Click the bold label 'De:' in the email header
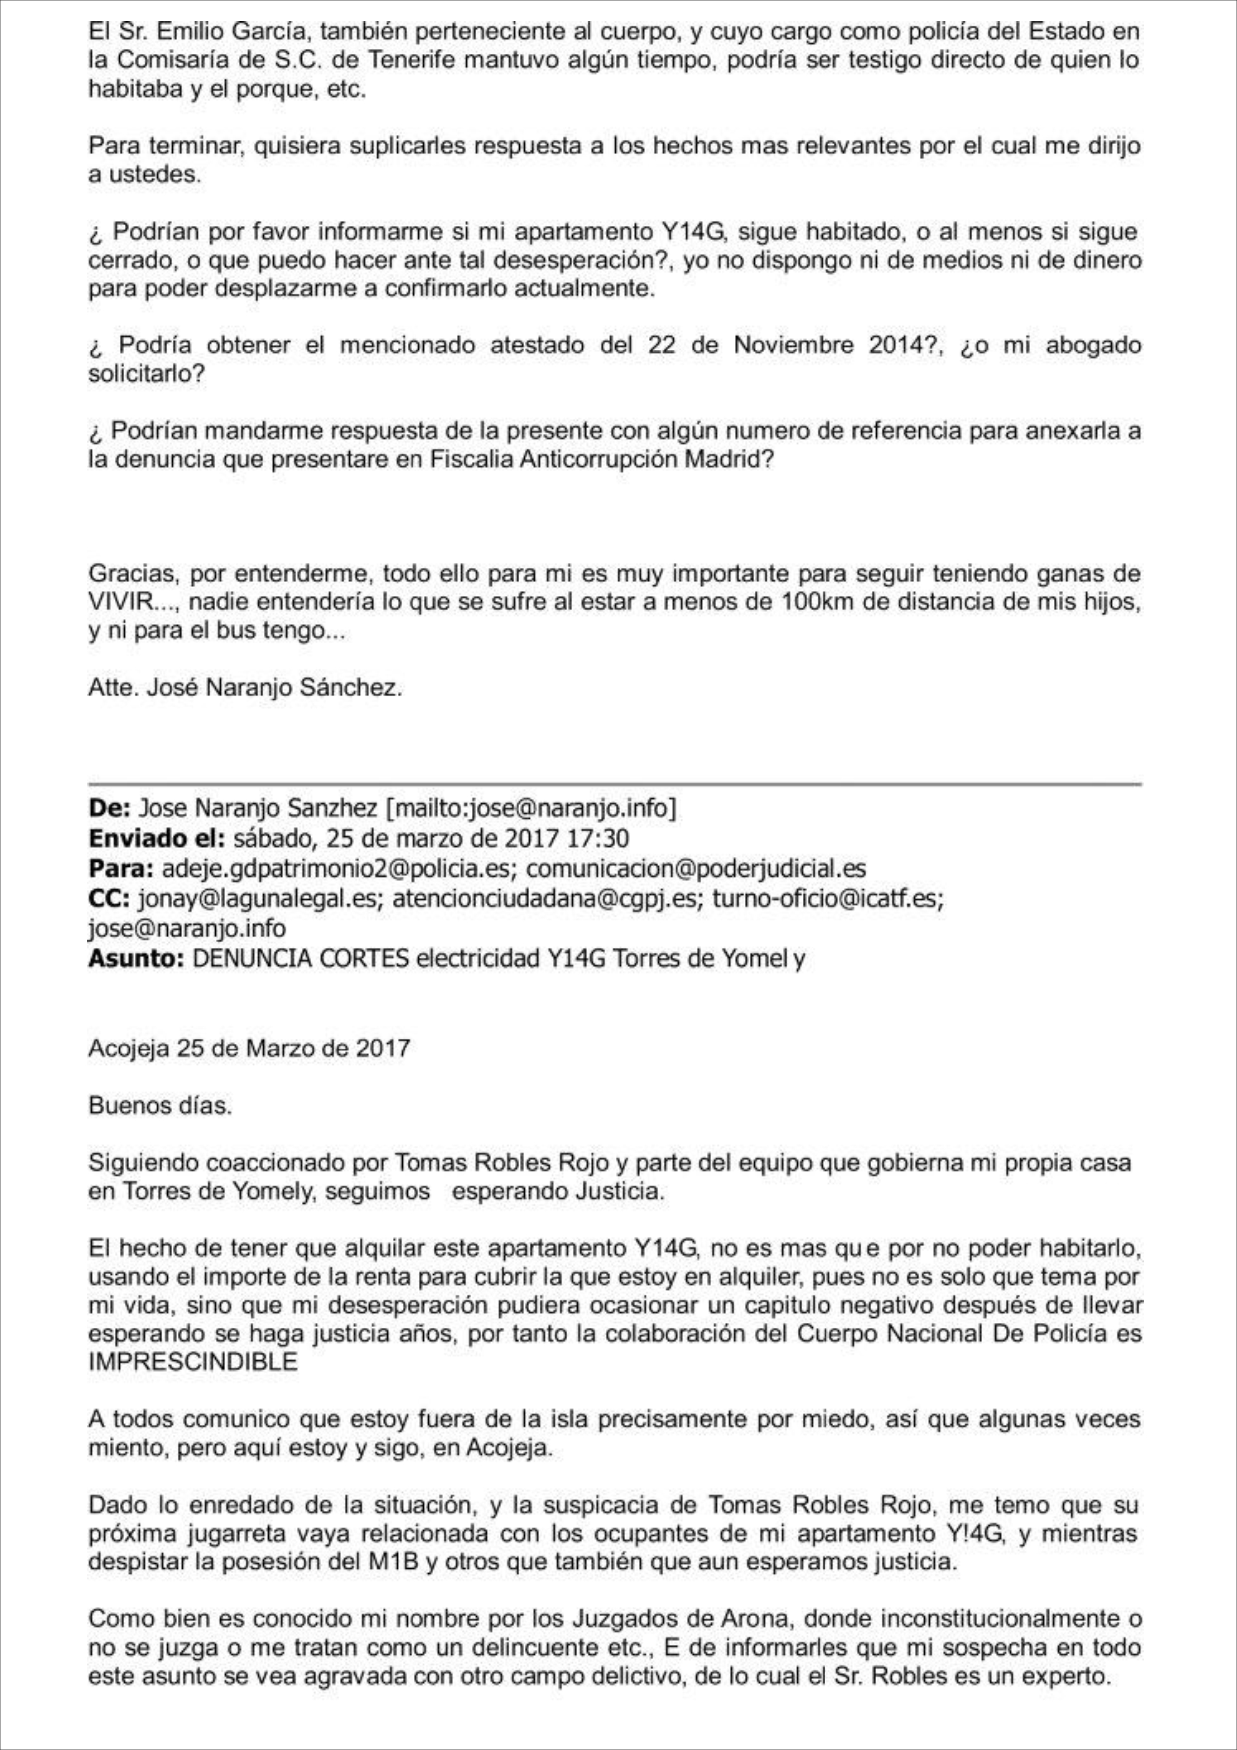pyautogui.click(x=110, y=808)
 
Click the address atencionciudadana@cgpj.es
pyautogui.click(x=545, y=899)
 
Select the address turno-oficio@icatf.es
pyautogui.click(x=827, y=899)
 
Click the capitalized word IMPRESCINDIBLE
pyautogui.click(x=193, y=1362)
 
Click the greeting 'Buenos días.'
pyautogui.click(x=160, y=1105)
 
